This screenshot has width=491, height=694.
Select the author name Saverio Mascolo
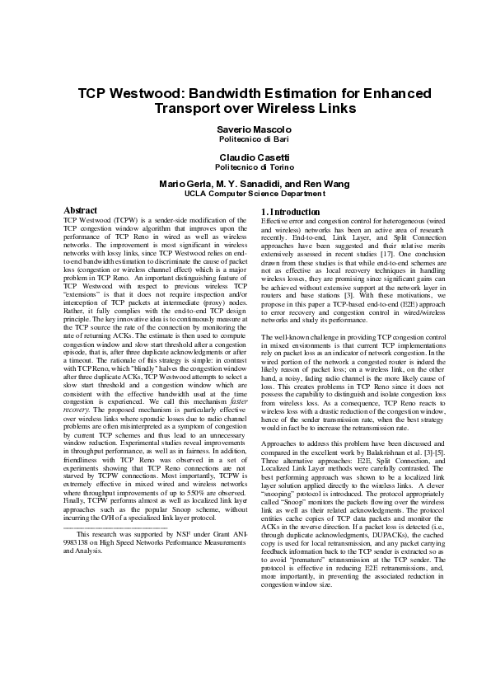click(254, 130)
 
